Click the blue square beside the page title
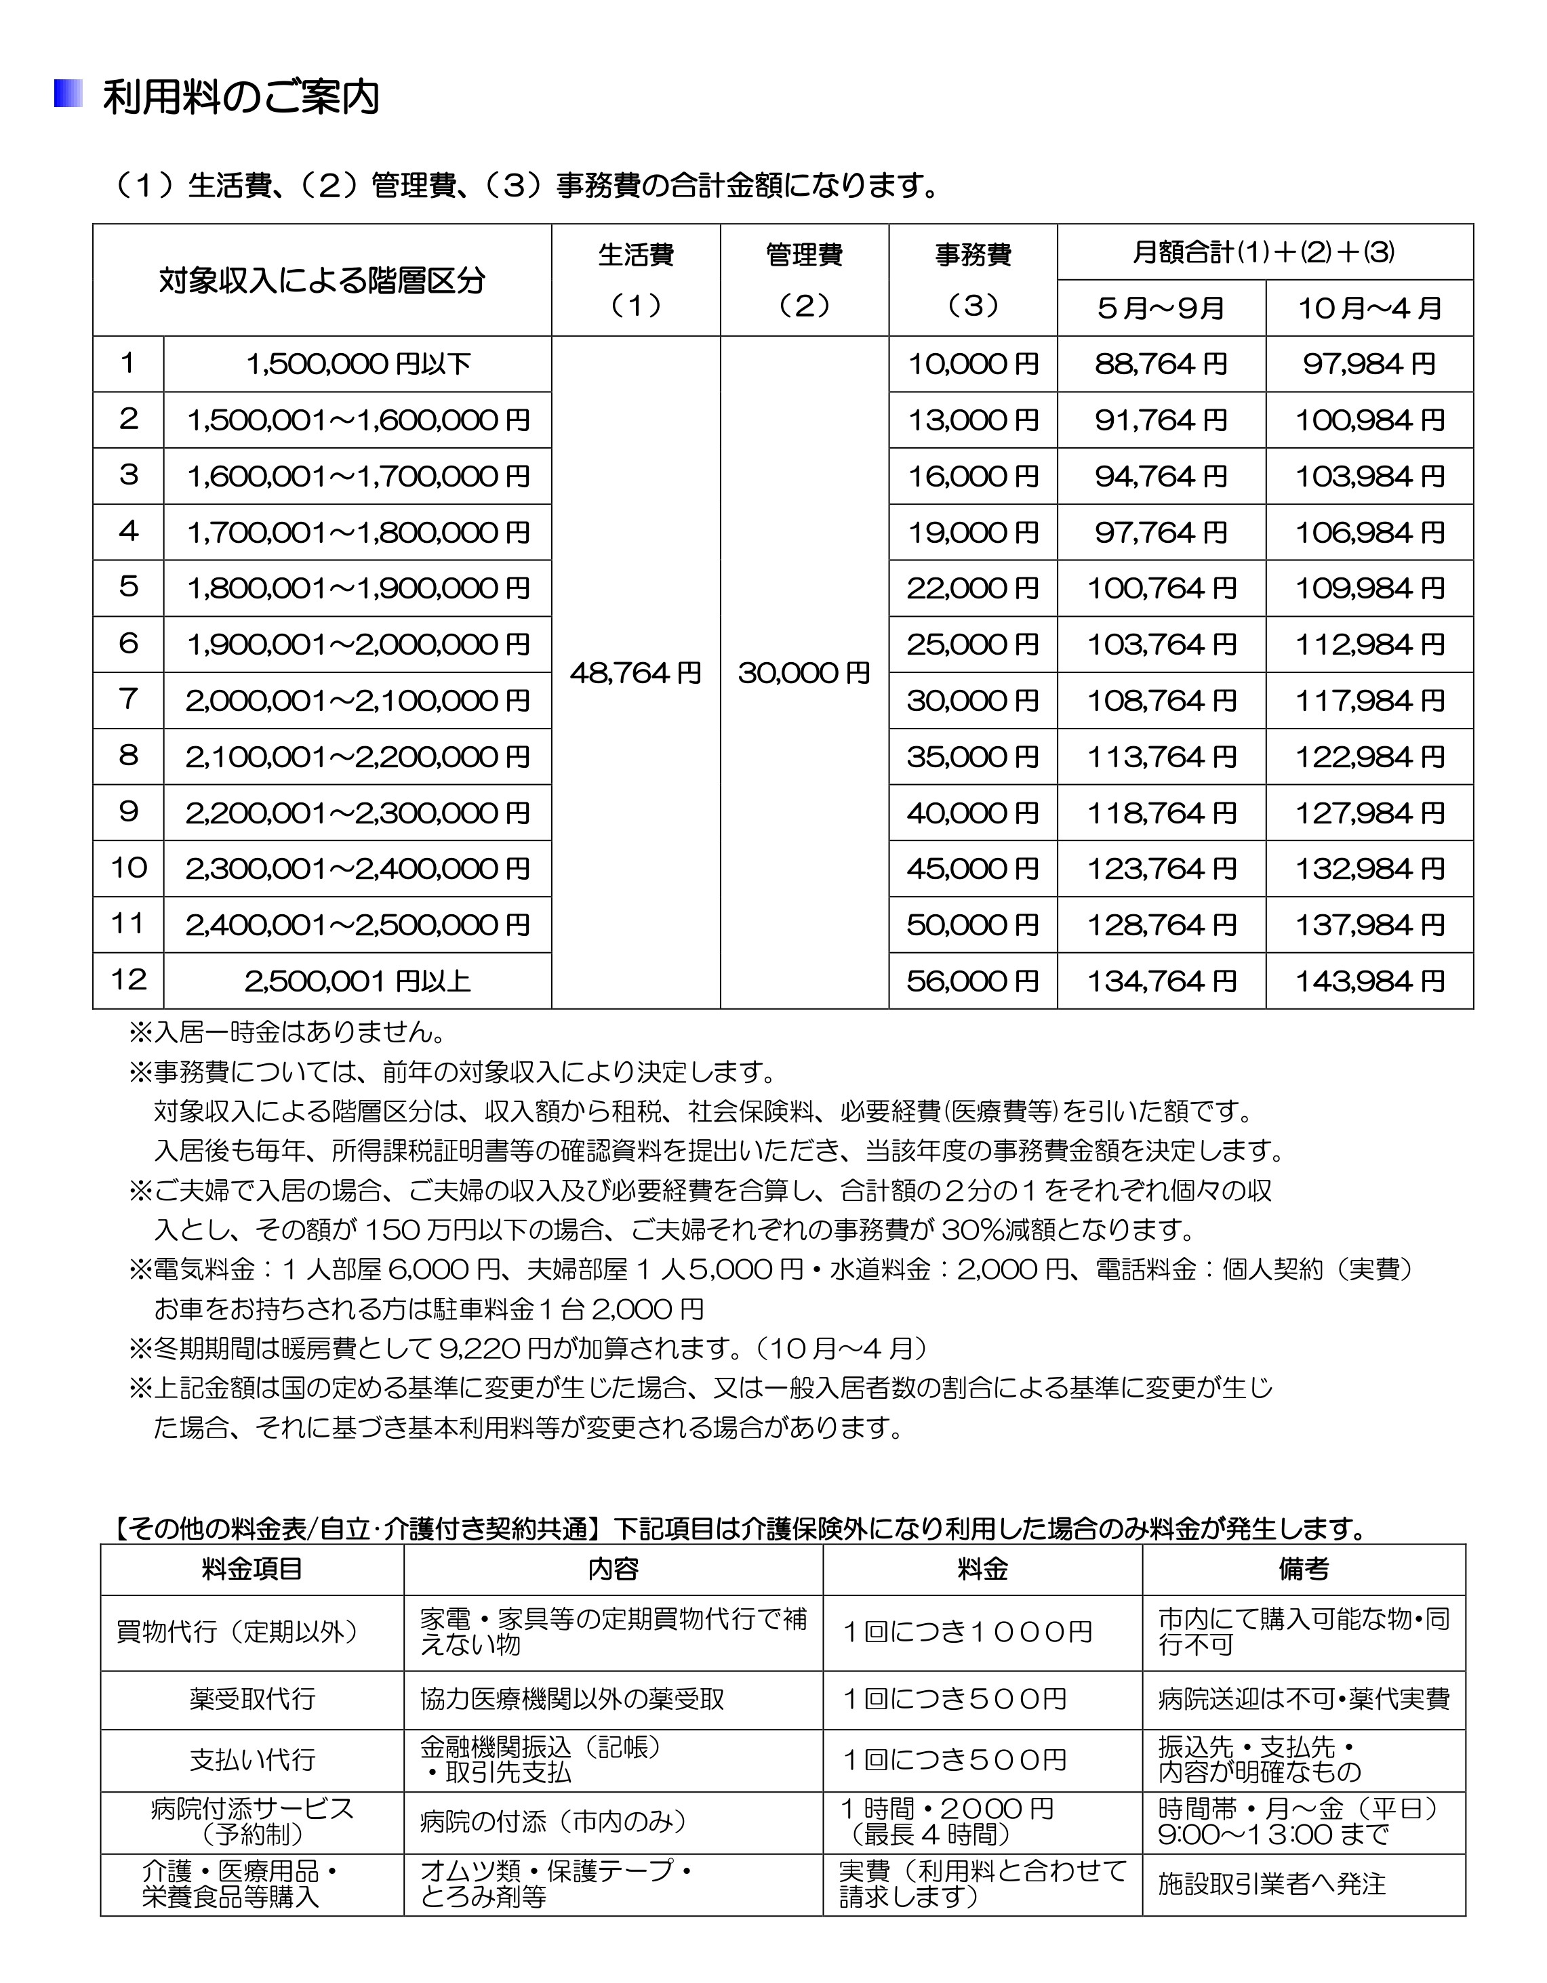67,94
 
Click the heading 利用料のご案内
240,97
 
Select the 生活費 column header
635,255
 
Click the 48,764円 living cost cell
635,673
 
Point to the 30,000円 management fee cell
804,673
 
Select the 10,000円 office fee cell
973,364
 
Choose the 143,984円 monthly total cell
1369,981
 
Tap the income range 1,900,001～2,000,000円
357,645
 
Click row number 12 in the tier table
128,980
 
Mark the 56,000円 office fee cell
973,981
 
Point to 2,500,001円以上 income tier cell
357,981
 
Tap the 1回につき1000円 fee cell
967,1633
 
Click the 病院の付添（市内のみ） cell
553,1822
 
